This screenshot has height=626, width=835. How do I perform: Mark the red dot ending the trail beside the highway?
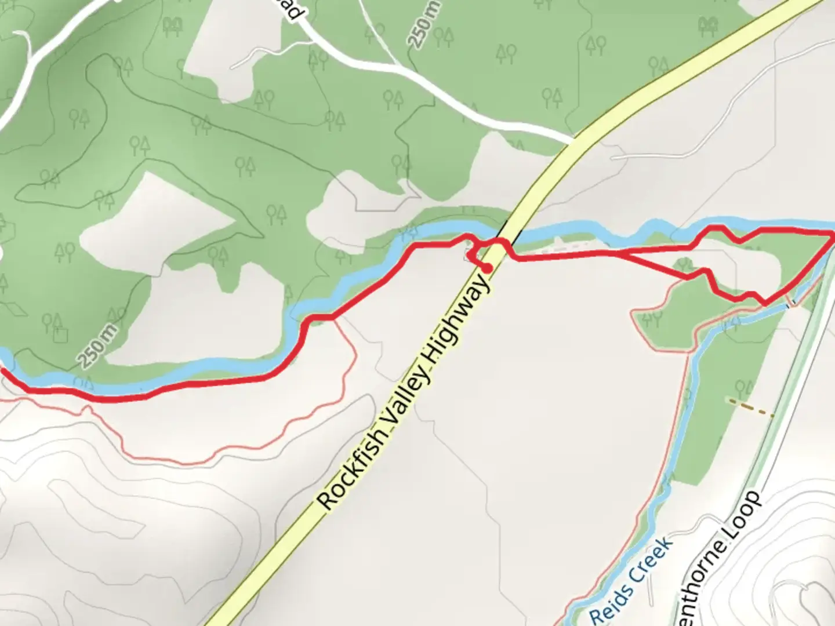488,268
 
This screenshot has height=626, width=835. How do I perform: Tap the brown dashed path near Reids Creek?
751,407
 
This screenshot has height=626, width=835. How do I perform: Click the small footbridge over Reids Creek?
790,303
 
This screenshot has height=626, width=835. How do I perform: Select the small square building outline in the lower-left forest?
60,335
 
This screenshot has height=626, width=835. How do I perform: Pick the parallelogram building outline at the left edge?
16,309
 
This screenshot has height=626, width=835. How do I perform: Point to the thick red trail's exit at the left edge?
2,372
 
